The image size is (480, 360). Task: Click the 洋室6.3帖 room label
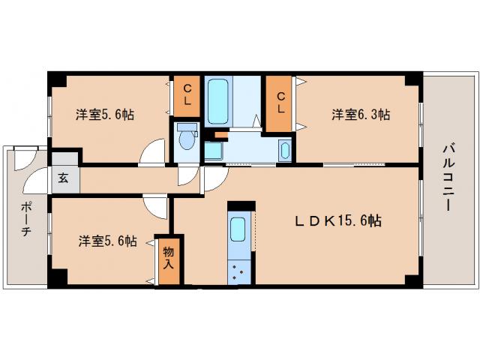coord(361,115)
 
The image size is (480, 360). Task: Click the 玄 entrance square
coord(63,179)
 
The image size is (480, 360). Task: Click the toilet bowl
coord(186,139)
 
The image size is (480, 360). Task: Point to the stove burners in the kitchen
coord(240,271)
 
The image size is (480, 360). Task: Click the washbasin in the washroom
coord(286,150)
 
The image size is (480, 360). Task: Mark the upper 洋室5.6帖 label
coord(104,115)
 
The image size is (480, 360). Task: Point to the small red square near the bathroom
coord(220,134)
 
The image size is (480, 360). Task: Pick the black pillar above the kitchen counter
coord(241,205)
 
